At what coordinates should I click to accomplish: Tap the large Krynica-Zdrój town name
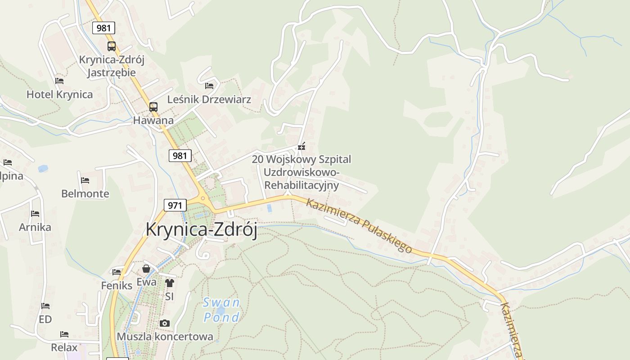201,230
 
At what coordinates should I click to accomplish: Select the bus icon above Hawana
153,107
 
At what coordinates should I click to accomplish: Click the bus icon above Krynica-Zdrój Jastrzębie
111,46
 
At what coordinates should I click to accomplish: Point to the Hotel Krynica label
59,94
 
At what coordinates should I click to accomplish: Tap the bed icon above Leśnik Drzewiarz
209,85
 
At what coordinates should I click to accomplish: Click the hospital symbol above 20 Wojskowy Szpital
301,146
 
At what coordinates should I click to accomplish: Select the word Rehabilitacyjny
301,185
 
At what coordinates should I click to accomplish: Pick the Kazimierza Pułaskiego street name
359,225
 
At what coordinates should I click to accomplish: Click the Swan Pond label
221,310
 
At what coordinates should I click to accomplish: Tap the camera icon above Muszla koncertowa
165,323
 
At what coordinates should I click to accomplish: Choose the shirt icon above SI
169,283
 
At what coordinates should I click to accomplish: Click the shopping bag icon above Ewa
146,269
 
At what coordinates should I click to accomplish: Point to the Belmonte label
85,193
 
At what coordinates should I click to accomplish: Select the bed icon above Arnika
35,213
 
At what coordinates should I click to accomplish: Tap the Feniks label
117,285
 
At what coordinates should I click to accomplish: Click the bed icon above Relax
64,334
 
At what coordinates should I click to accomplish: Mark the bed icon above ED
45,306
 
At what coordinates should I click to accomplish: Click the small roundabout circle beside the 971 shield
203,198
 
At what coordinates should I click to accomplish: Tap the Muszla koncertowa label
165,337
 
